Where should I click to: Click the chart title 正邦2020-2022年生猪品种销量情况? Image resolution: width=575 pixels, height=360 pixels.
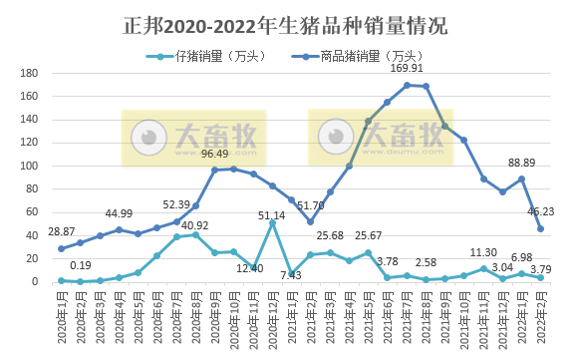(287, 22)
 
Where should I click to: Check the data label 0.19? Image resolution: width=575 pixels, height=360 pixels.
(80, 265)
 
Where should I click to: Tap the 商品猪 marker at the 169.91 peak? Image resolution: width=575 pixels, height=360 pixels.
(407, 85)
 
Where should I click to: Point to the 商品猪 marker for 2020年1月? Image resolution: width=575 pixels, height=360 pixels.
(61, 248)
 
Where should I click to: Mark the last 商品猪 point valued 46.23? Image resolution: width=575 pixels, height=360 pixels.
(540, 228)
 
